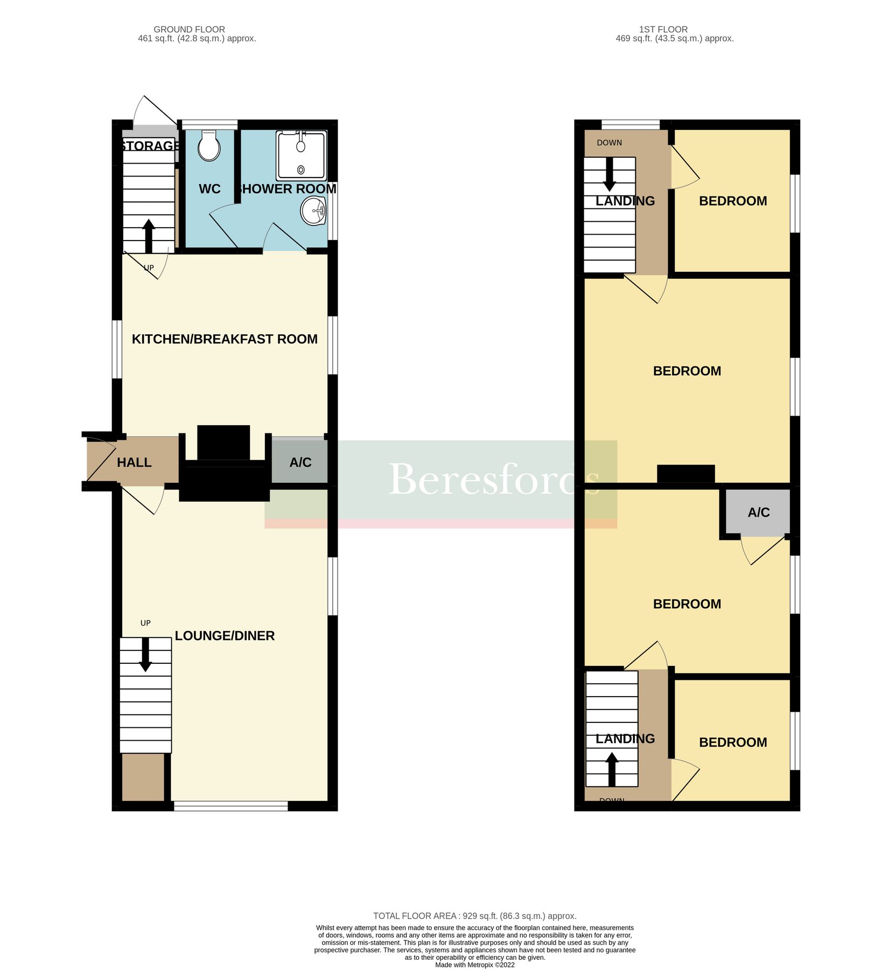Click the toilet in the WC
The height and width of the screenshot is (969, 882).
point(209,146)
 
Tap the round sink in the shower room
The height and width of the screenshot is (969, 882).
point(313,211)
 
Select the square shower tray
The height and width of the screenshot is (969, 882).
point(301,156)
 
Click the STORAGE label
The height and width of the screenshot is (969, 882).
point(150,146)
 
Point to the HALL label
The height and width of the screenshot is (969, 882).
point(134,462)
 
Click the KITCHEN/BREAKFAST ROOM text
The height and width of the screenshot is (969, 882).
point(225,339)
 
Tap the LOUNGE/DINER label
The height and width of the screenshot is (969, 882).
point(225,636)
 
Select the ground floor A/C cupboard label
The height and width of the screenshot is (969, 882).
point(300,462)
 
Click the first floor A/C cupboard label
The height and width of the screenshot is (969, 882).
point(758,512)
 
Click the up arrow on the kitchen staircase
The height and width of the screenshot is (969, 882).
point(149,236)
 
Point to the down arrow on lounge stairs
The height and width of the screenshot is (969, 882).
point(145,655)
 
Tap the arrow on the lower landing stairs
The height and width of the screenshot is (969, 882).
point(612,769)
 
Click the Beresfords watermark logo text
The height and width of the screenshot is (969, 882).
point(493,479)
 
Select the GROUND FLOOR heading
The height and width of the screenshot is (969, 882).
point(189,30)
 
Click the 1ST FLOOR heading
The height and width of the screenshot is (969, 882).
point(663,30)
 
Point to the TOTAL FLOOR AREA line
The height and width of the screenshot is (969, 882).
point(474,916)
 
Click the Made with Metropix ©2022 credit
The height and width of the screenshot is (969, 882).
point(474,965)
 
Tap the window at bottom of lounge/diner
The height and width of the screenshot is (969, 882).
point(230,806)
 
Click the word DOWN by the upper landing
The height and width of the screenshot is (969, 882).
point(609,143)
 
